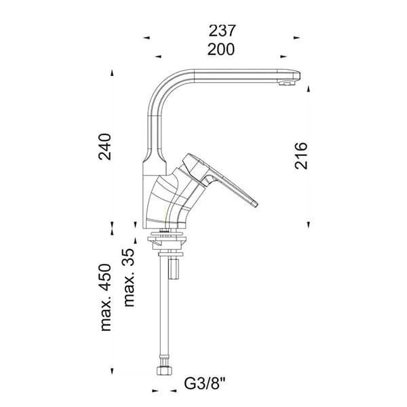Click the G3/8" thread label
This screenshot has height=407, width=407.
click(205, 384)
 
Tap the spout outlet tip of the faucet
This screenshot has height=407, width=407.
click(288, 84)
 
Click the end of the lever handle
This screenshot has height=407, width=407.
click(254, 203)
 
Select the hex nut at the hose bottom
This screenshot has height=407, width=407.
click(163, 372)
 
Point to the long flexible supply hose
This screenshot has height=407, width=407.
click(164, 312)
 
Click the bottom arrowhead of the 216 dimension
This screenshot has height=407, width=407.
click(309, 224)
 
